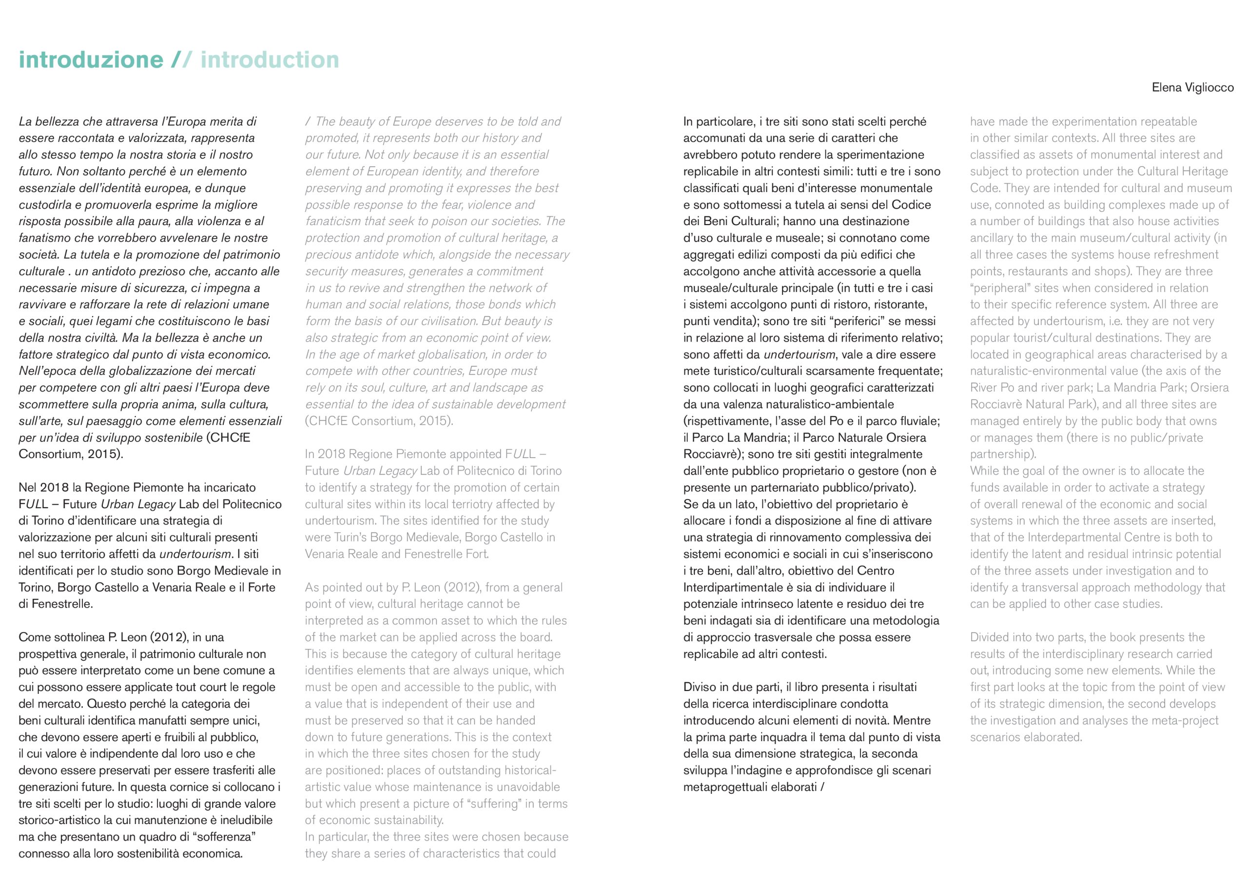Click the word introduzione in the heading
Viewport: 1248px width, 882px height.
tap(91, 60)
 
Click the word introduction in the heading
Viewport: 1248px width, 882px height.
tap(270, 60)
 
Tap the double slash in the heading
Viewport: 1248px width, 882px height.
tap(181, 60)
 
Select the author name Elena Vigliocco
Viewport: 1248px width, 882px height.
tap(1192, 88)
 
